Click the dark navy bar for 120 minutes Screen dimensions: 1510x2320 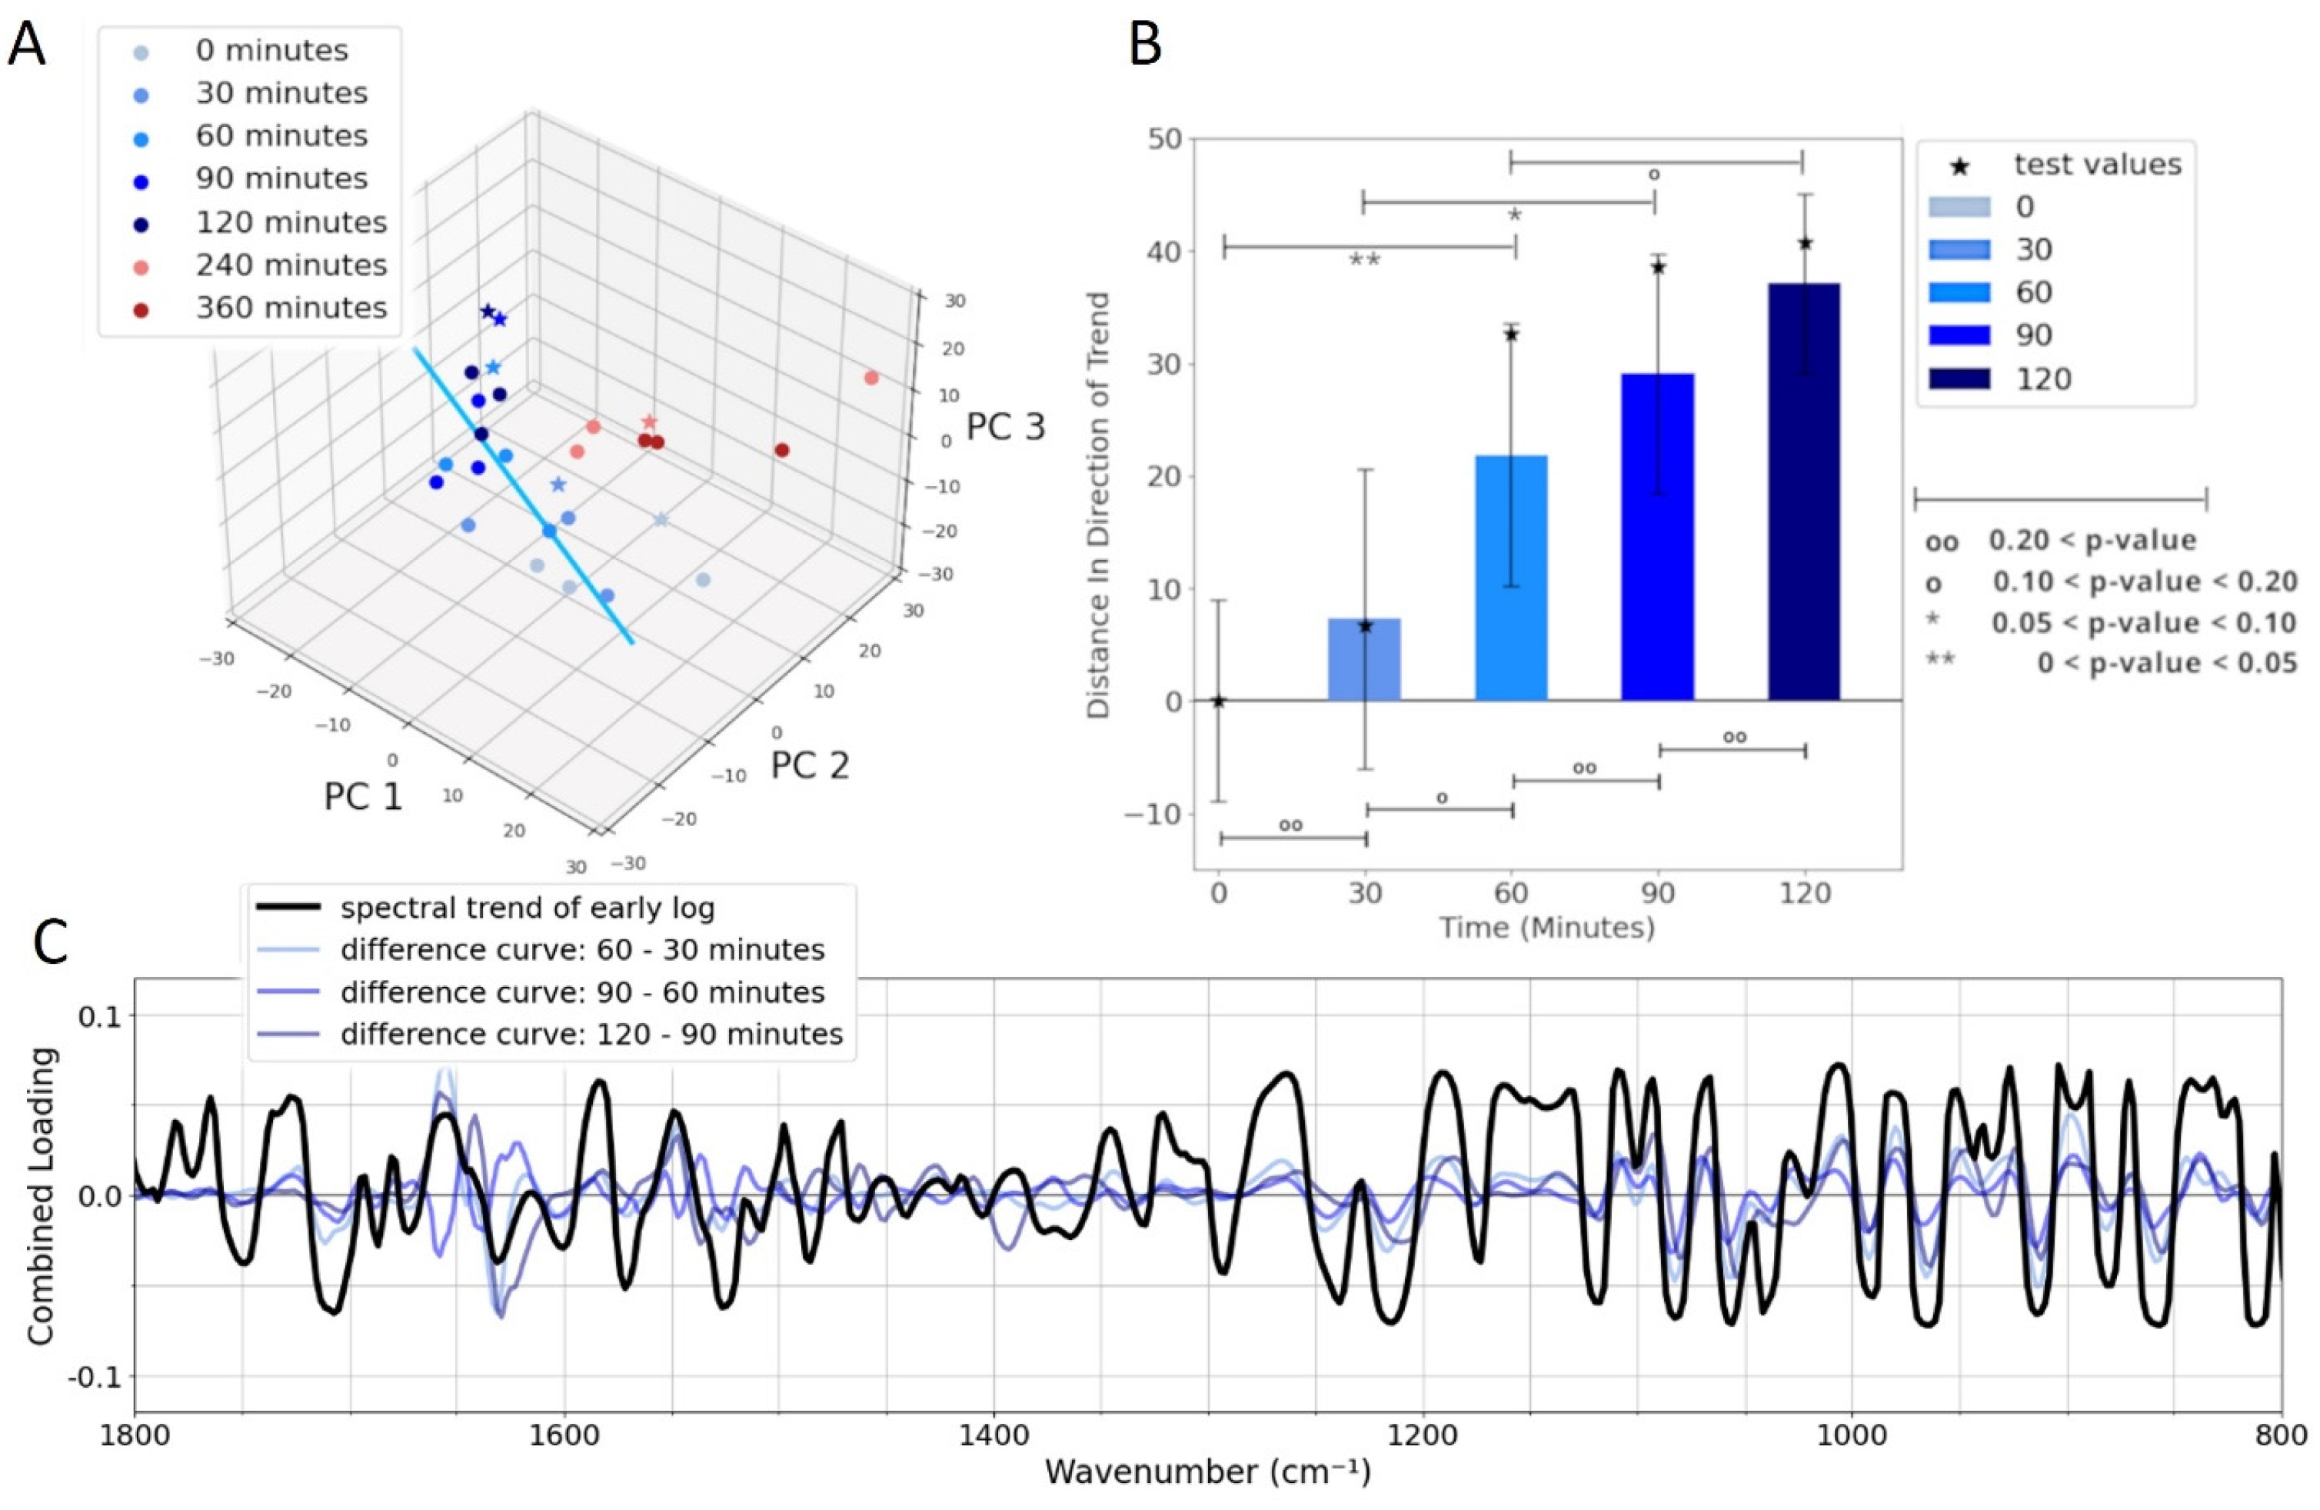[x=1803, y=492]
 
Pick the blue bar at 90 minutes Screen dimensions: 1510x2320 [x=1657, y=536]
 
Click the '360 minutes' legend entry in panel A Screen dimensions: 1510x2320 [x=291, y=308]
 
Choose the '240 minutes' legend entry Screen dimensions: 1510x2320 [x=291, y=265]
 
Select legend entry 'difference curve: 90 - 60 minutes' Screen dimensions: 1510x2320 [x=582, y=992]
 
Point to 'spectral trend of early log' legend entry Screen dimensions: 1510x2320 [x=527, y=908]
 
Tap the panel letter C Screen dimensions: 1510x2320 [x=50, y=942]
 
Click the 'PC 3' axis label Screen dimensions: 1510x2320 [x=1005, y=427]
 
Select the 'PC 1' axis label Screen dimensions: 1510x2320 [x=363, y=796]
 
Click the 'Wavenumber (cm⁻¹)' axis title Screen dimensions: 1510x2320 [x=1207, y=1472]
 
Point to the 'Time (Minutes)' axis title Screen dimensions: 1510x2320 [x=1547, y=927]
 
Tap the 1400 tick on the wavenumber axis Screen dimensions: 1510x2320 [x=992, y=1435]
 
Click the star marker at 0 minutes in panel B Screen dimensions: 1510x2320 [x=1219, y=701]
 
